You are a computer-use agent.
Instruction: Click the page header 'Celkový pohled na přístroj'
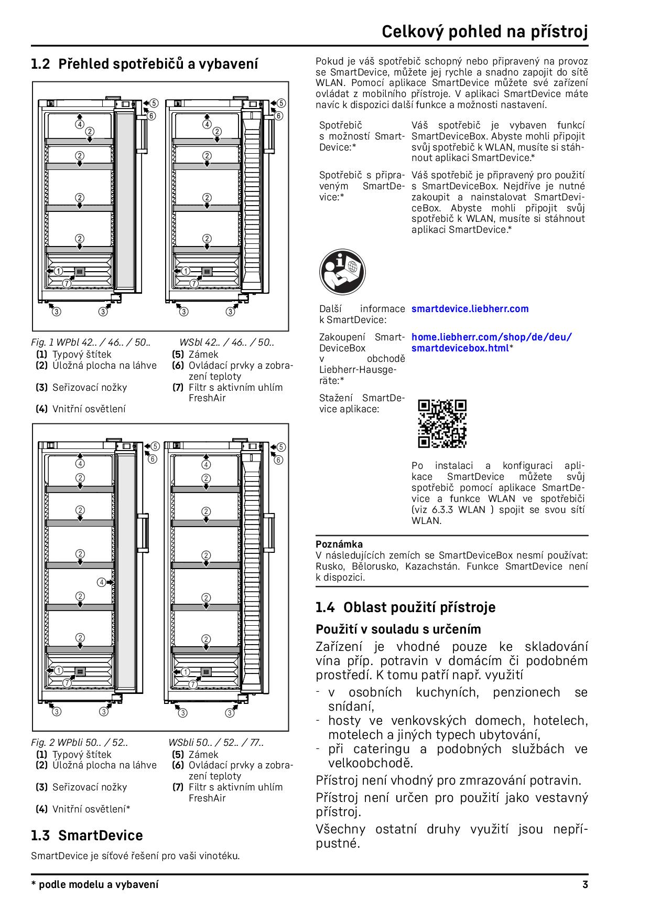(x=484, y=31)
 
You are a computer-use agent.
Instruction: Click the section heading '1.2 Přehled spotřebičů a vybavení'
(x=144, y=65)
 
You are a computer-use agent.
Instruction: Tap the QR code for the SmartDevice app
(x=442, y=424)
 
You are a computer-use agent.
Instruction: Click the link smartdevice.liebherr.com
(x=470, y=309)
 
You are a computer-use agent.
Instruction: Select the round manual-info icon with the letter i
(x=342, y=272)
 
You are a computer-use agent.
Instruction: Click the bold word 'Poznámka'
(x=339, y=544)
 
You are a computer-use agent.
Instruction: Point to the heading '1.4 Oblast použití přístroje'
(x=405, y=607)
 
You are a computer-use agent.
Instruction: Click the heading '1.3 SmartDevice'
(x=86, y=836)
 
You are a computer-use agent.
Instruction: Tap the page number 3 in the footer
(x=585, y=885)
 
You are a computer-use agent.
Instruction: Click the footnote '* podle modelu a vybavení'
(x=94, y=885)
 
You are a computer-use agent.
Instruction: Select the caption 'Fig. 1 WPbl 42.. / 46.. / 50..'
(x=91, y=343)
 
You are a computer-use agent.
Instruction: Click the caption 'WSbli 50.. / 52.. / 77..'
(x=216, y=743)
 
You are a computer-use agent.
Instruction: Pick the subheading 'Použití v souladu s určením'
(x=398, y=629)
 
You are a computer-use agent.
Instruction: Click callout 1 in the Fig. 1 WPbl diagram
(x=58, y=271)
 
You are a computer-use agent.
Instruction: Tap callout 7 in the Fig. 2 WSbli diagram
(x=193, y=684)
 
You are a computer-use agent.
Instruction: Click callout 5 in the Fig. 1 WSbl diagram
(x=281, y=103)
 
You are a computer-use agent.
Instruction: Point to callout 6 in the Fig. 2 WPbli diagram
(x=153, y=459)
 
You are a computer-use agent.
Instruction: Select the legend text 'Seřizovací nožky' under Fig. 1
(x=89, y=388)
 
